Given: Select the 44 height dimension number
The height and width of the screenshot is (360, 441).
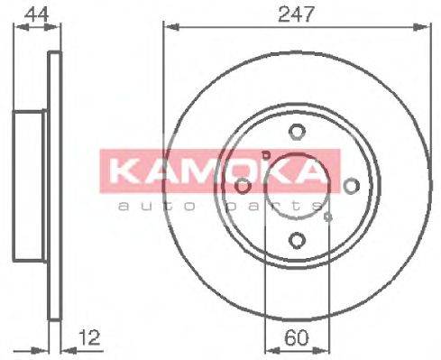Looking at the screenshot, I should (34, 13).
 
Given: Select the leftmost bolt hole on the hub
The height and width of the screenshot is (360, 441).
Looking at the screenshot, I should (243, 186).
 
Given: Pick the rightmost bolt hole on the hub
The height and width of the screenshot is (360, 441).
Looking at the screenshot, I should (351, 186).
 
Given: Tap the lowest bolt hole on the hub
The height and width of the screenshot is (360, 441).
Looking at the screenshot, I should (297, 240).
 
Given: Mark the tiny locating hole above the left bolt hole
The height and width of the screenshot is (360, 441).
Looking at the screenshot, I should (264, 156).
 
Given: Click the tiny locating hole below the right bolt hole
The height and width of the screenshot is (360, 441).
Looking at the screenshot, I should (329, 216).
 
